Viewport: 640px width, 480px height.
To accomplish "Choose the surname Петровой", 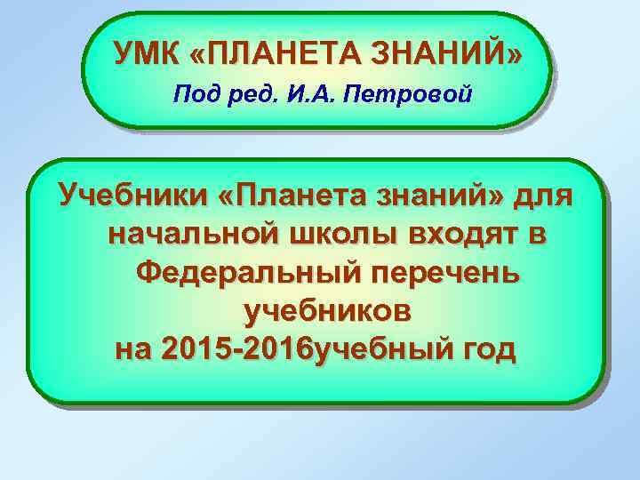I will pyautogui.click(x=405, y=93).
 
